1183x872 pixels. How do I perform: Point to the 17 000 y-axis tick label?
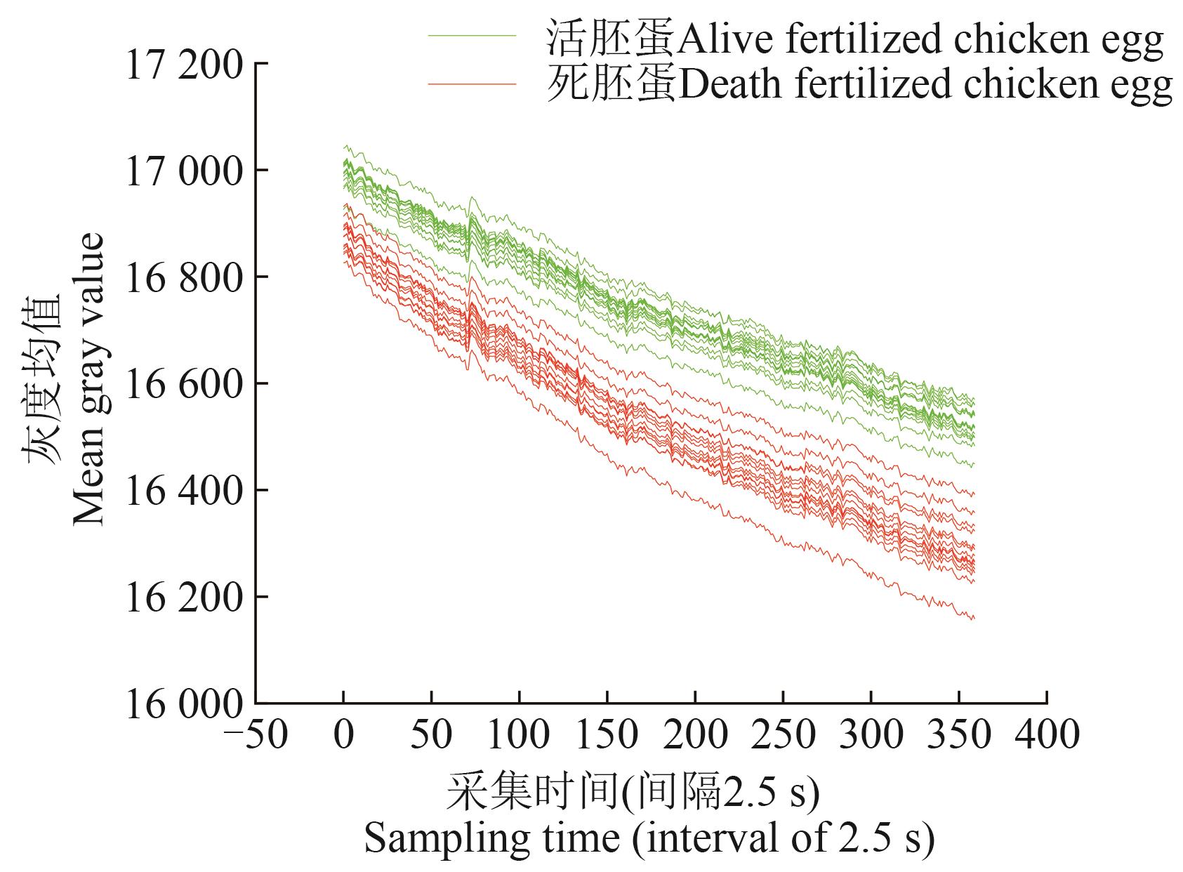click(184, 171)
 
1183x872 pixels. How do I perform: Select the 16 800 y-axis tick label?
click(184, 278)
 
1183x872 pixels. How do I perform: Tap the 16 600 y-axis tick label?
click(184, 385)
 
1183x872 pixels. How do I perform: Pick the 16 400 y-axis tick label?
click(184, 491)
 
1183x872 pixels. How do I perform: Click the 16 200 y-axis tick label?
click(184, 598)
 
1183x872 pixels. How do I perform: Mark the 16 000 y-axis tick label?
click(184, 705)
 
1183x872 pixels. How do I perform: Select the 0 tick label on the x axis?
click(343, 734)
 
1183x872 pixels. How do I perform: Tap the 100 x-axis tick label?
click(519, 734)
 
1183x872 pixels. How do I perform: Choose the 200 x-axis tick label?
click(695, 734)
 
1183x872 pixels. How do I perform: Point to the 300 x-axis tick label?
click(871, 734)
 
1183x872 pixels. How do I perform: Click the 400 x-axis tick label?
click(1047, 734)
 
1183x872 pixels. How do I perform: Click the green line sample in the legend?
click(472, 35)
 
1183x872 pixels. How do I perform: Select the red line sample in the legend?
click(472, 84)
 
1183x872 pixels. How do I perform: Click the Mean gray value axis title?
click(89, 379)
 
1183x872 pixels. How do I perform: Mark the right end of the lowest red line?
click(974, 619)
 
